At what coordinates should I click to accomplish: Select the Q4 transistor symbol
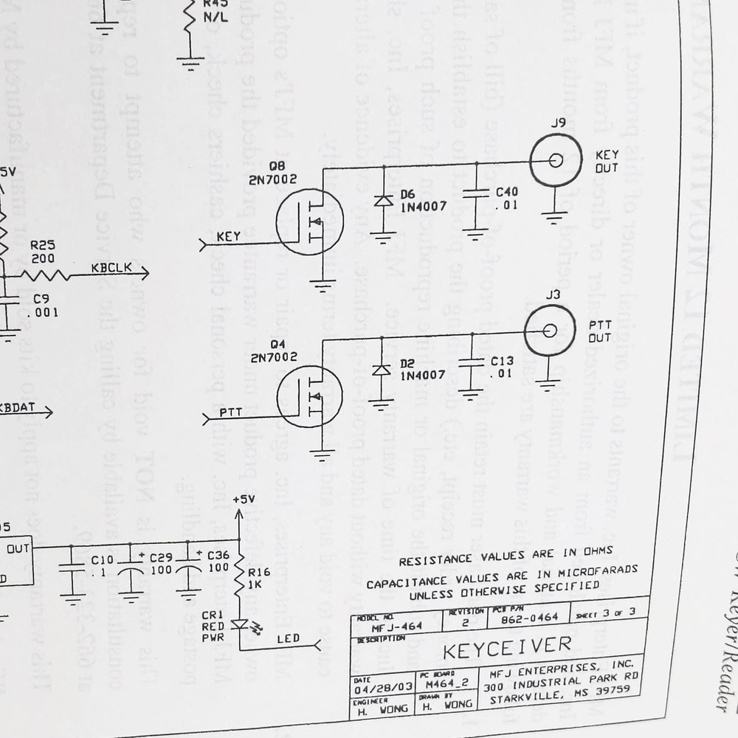310,396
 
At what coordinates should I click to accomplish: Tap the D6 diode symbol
383,199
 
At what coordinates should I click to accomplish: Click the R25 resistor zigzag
46,275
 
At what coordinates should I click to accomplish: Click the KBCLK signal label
111,267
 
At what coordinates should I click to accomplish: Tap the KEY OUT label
607,162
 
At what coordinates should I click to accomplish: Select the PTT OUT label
600,331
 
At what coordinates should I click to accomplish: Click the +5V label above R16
243,499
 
